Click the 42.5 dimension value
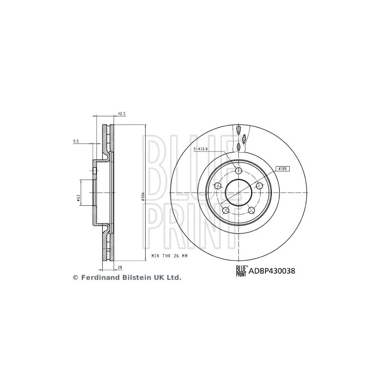121,114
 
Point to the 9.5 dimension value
75,141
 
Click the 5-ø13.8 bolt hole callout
202,149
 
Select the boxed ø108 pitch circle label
283,169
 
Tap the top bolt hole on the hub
239,170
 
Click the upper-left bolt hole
218,186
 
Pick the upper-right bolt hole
260,186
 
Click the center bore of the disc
239,193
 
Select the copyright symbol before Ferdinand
75,277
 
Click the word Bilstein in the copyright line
135,277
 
